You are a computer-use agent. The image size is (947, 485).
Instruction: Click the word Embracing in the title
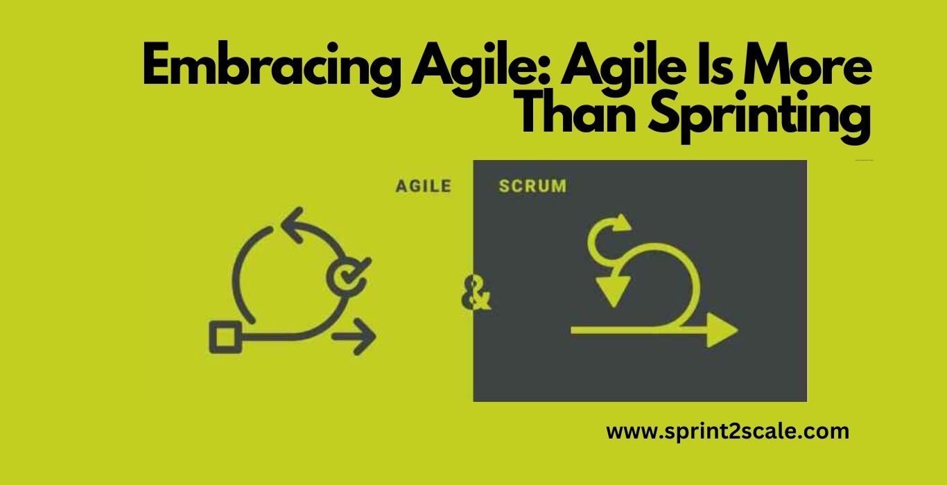pos(270,69)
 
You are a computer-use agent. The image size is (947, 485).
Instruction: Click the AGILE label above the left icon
pos(424,186)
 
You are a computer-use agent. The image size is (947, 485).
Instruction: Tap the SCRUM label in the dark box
pos(532,186)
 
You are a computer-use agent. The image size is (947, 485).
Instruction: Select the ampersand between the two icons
pos(476,293)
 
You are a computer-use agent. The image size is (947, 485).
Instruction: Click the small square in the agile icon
pos(225,337)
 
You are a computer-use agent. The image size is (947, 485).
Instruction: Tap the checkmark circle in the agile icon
pos(347,276)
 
